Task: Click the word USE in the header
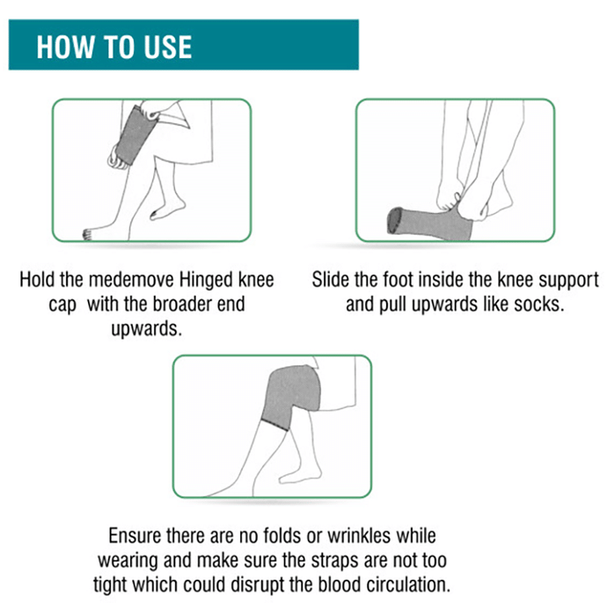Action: (168, 48)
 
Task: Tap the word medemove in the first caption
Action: (131, 280)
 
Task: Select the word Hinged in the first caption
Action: (206, 281)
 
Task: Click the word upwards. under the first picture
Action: (146, 329)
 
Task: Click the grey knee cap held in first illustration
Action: (135, 136)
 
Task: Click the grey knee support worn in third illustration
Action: (290, 397)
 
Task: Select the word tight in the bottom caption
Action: (110, 585)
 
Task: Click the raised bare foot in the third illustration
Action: (300, 474)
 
